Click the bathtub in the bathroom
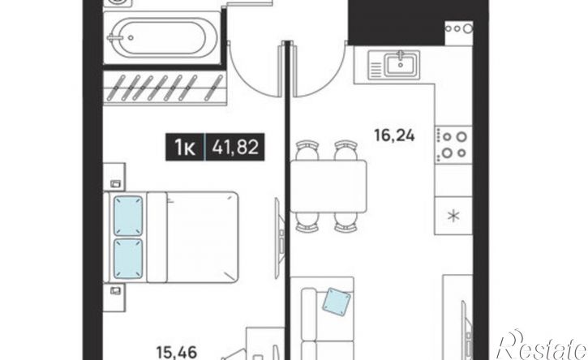point(162,38)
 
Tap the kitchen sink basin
point(401,64)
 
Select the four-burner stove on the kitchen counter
point(453,145)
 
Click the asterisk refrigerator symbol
point(454,216)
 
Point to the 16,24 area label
point(394,135)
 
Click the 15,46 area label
point(176,352)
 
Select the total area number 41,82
point(235,147)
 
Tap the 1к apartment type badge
point(184,147)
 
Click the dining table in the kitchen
point(329,186)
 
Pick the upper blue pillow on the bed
point(128,216)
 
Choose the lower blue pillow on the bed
point(128,259)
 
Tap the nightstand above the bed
point(114,177)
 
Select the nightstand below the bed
point(114,298)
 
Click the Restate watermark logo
point(542,345)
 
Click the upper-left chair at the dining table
point(307,150)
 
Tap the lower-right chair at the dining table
point(346,222)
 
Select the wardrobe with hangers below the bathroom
point(165,88)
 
